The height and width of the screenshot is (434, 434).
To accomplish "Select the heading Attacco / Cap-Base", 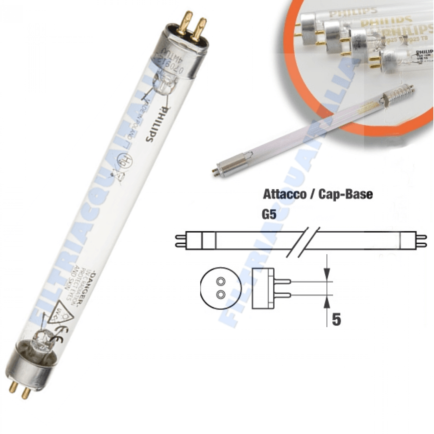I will (318, 194).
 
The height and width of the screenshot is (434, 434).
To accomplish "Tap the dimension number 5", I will (336, 319).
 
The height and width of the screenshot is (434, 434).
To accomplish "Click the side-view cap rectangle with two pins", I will (263, 288).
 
